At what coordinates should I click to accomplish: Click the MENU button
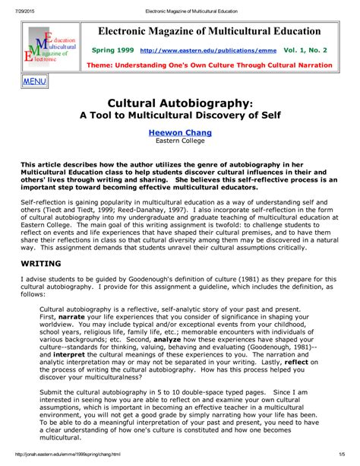pyautogui.click(x=34, y=81)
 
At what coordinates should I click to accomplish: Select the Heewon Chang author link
pyautogui.click(x=180, y=132)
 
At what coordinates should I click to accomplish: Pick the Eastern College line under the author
pyautogui.click(x=180, y=141)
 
